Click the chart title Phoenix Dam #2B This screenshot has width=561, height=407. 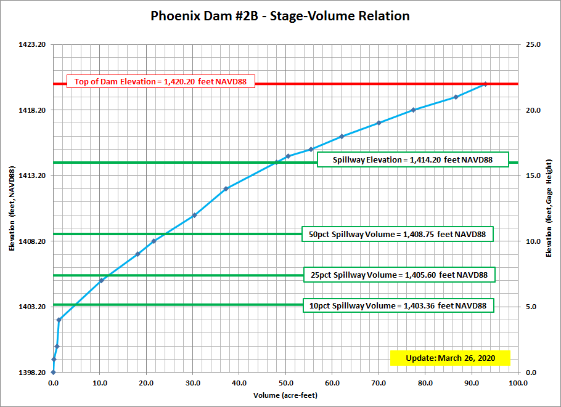click(280, 15)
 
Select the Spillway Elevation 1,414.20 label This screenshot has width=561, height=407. click(412, 159)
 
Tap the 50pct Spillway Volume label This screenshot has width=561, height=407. click(398, 234)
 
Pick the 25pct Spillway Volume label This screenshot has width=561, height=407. click(399, 275)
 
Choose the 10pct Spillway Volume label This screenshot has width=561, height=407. click(398, 305)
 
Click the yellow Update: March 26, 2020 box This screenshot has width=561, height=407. click(450, 358)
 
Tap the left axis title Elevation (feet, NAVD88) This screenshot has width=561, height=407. click(12, 209)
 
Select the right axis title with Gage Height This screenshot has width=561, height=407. click(549, 209)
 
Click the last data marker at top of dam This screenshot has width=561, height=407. click(485, 84)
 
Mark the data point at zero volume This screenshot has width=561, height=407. click(53, 372)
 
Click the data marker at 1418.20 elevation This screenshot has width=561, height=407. click(413, 110)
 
